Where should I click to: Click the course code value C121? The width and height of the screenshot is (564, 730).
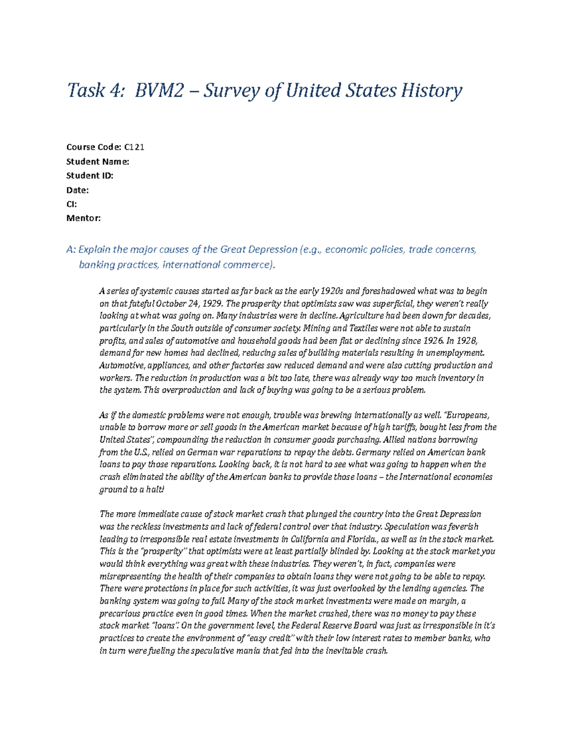[x=134, y=147]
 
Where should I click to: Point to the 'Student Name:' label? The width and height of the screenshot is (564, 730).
[x=97, y=162]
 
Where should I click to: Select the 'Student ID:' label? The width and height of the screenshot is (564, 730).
[x=90, y=176]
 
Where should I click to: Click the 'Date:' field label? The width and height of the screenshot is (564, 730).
[x=77, y=190]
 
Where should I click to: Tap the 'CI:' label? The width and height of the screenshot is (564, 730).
[x=71, y=204]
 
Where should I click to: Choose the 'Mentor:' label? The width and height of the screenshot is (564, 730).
[x=83, y=218]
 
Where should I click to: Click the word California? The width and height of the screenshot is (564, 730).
[x=310, y=539]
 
